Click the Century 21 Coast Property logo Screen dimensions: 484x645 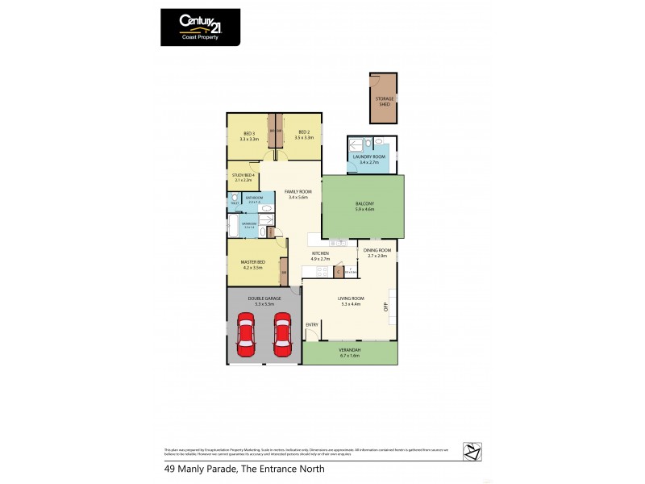tap(200, 26)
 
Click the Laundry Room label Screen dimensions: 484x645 tap(368, 156)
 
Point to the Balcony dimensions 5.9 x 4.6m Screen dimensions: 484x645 tap(364, 209)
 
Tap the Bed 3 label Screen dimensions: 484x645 tap(248, 133)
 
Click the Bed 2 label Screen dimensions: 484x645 tap(303, 133)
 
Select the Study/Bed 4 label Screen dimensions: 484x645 tap(243, 175)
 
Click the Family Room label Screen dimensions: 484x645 tap(298, 191)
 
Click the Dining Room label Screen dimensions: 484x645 tap(377, 251)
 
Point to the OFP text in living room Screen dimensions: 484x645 tap(386, 307)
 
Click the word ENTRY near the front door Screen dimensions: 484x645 tap(312, 324)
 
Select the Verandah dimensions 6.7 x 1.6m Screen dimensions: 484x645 tap(350, 355)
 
